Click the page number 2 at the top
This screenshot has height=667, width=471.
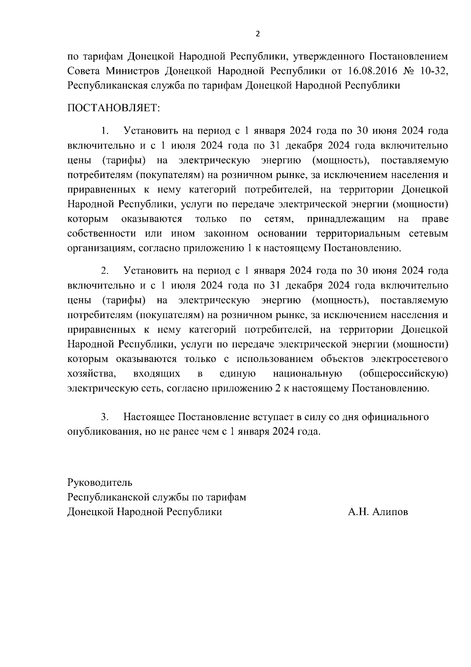point(257,34)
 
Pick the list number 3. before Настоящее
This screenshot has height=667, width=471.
point(104,417)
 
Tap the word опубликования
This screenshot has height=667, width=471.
point(104,431)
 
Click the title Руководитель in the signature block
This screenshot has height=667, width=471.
point(100,482)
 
